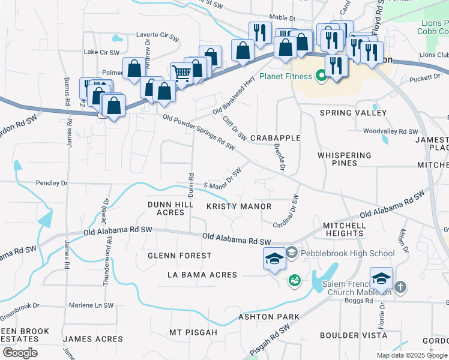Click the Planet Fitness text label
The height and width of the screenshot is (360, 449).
(286, 76)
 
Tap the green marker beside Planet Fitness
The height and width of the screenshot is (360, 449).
(321, 76)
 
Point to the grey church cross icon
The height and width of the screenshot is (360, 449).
(401, 287)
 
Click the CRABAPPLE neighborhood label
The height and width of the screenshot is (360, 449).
(275, 138)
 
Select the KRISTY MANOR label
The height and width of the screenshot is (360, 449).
(239, 206)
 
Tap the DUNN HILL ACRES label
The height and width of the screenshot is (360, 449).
(170, 208)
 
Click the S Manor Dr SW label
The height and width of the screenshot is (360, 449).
(223, 178)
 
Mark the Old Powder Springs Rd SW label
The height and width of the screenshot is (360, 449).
(199, 133)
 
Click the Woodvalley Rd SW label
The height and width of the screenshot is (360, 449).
(390, 131)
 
